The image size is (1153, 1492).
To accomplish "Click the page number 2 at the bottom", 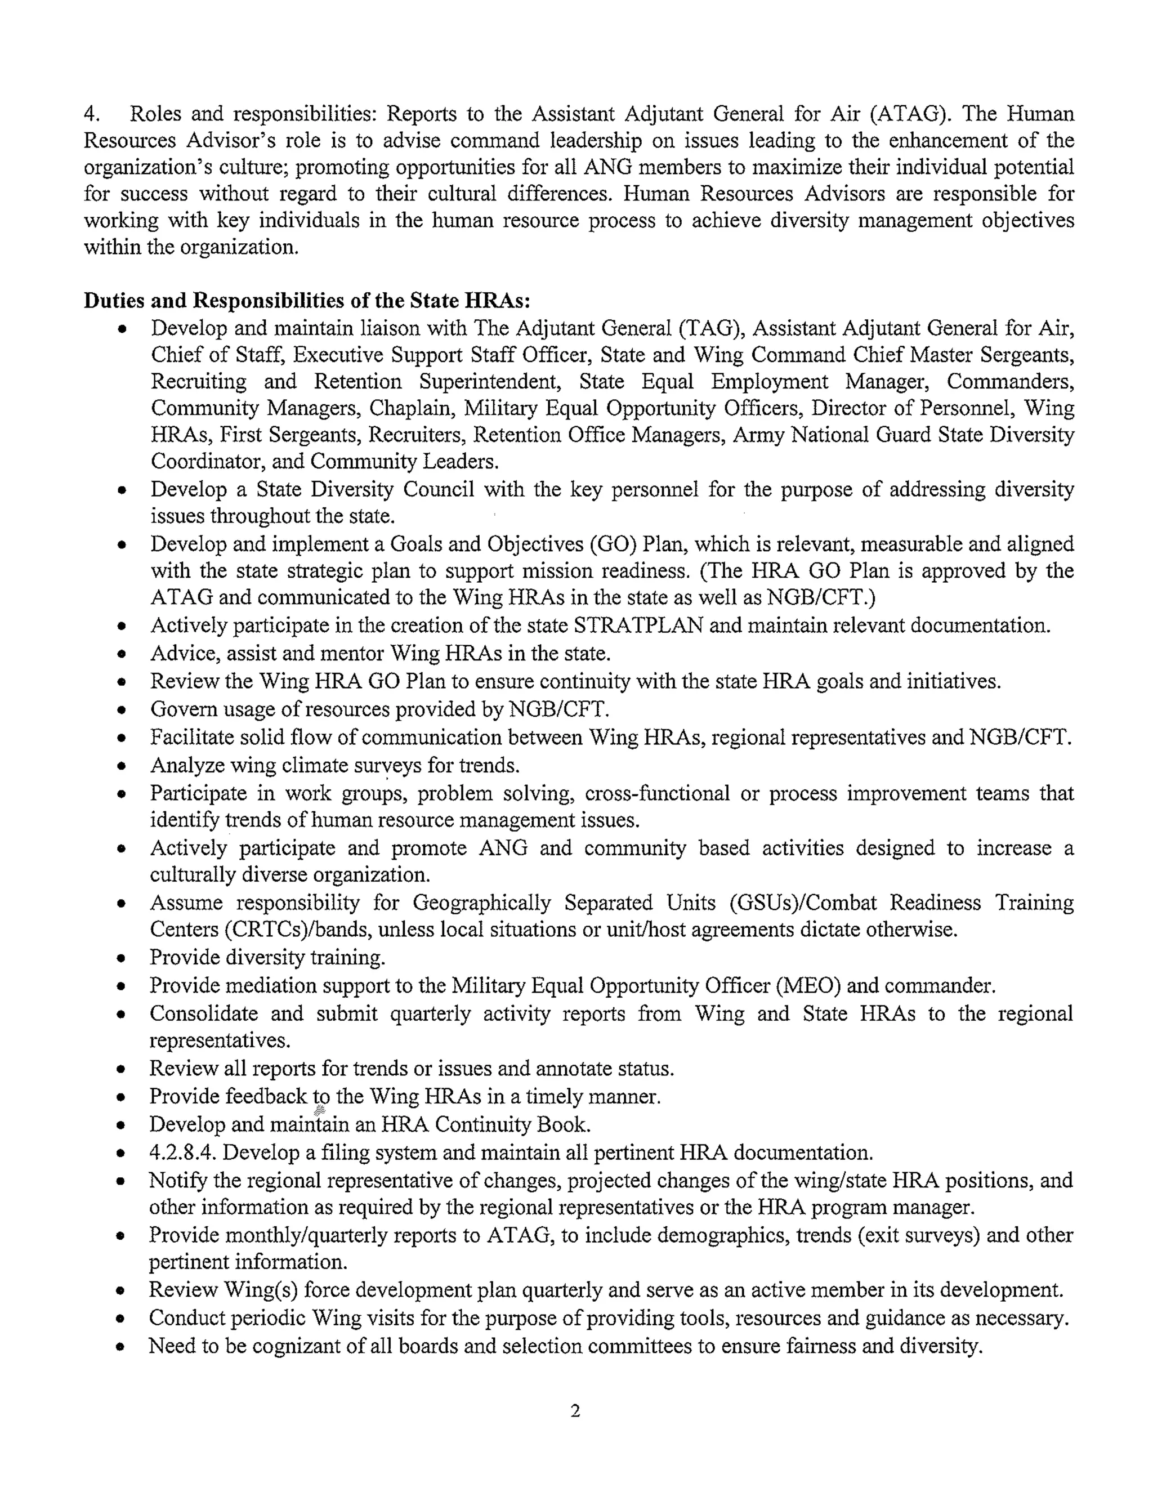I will (575, 1409).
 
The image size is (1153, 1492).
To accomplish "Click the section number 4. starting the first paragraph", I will (92, 113).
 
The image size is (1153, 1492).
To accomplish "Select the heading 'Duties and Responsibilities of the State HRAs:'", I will (307, 301).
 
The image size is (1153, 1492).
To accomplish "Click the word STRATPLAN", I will (638, 625).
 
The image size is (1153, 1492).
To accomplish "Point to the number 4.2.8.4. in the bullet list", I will (183, 1152).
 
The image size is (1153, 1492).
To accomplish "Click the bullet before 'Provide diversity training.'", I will (121, 958).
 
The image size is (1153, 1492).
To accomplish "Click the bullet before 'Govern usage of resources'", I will (121, 711).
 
